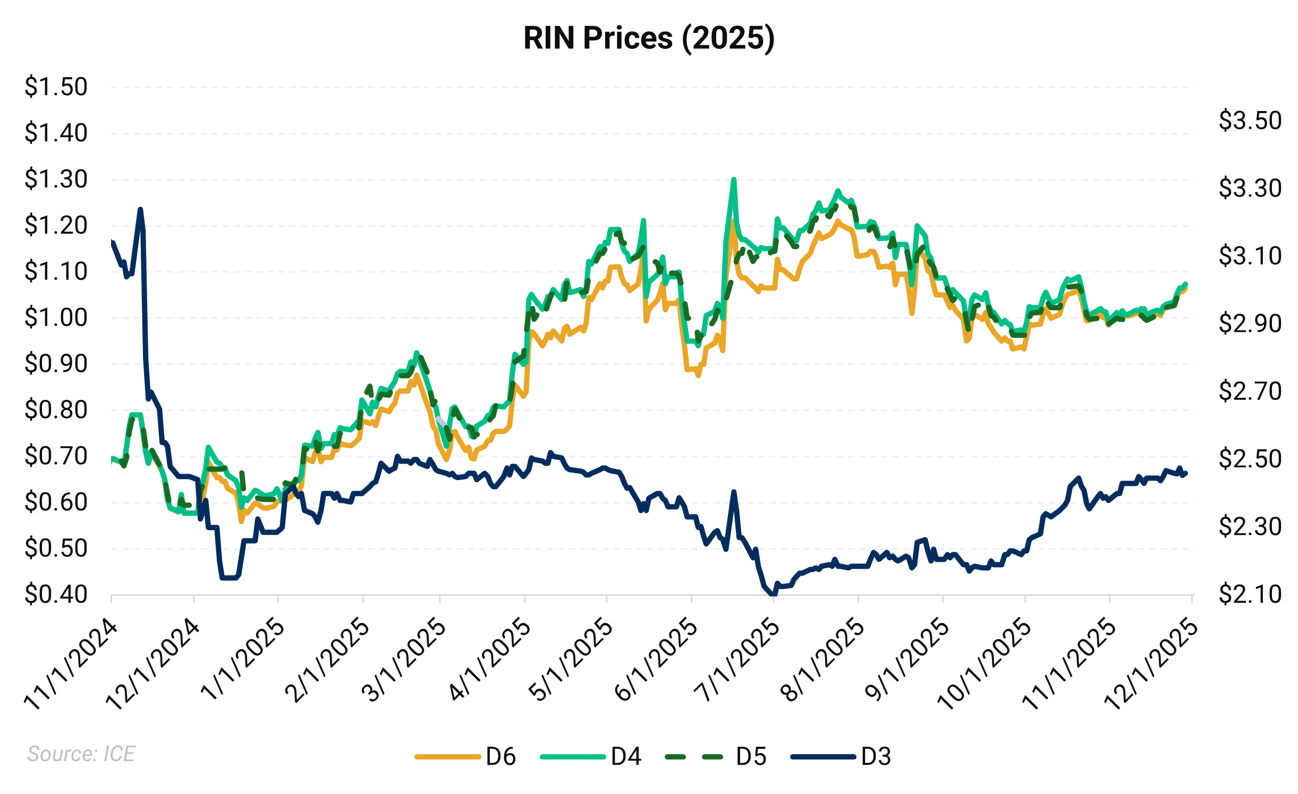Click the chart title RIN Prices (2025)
(x=649, y=38)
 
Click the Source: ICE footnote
(x=81, y=754)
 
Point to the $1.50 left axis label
(x=56, y=87)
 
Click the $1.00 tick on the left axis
(x=56, y=318)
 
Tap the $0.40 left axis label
(x=56, y=594)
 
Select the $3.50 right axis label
(x=1250, y=121)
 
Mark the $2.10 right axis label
(x=1250, y=594)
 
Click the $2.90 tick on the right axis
(x=1250, y=323)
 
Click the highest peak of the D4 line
(x=734, y=180)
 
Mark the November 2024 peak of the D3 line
(x=140, y=209)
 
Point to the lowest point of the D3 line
(x=773, y=594)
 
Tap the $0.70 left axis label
(x=56, y=456)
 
